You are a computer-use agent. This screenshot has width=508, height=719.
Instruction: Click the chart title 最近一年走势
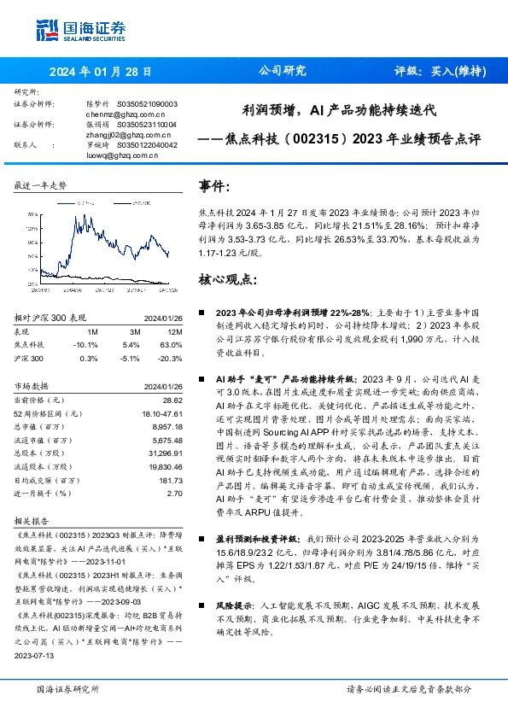pos(41,185)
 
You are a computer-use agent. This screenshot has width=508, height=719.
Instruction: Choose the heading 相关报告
pos(32,518)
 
